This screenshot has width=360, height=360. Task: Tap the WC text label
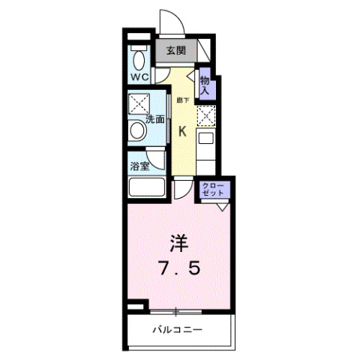pos(139,76)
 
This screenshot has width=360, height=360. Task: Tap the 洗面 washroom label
pos(155,118)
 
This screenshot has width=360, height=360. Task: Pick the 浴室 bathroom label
pos(139,166)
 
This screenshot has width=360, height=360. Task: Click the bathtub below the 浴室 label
pos(146,187)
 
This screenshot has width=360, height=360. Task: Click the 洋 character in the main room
pos(178,242)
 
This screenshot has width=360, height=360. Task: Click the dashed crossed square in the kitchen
pos(206,116)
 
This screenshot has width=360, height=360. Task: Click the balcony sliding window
pos(177,310)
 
